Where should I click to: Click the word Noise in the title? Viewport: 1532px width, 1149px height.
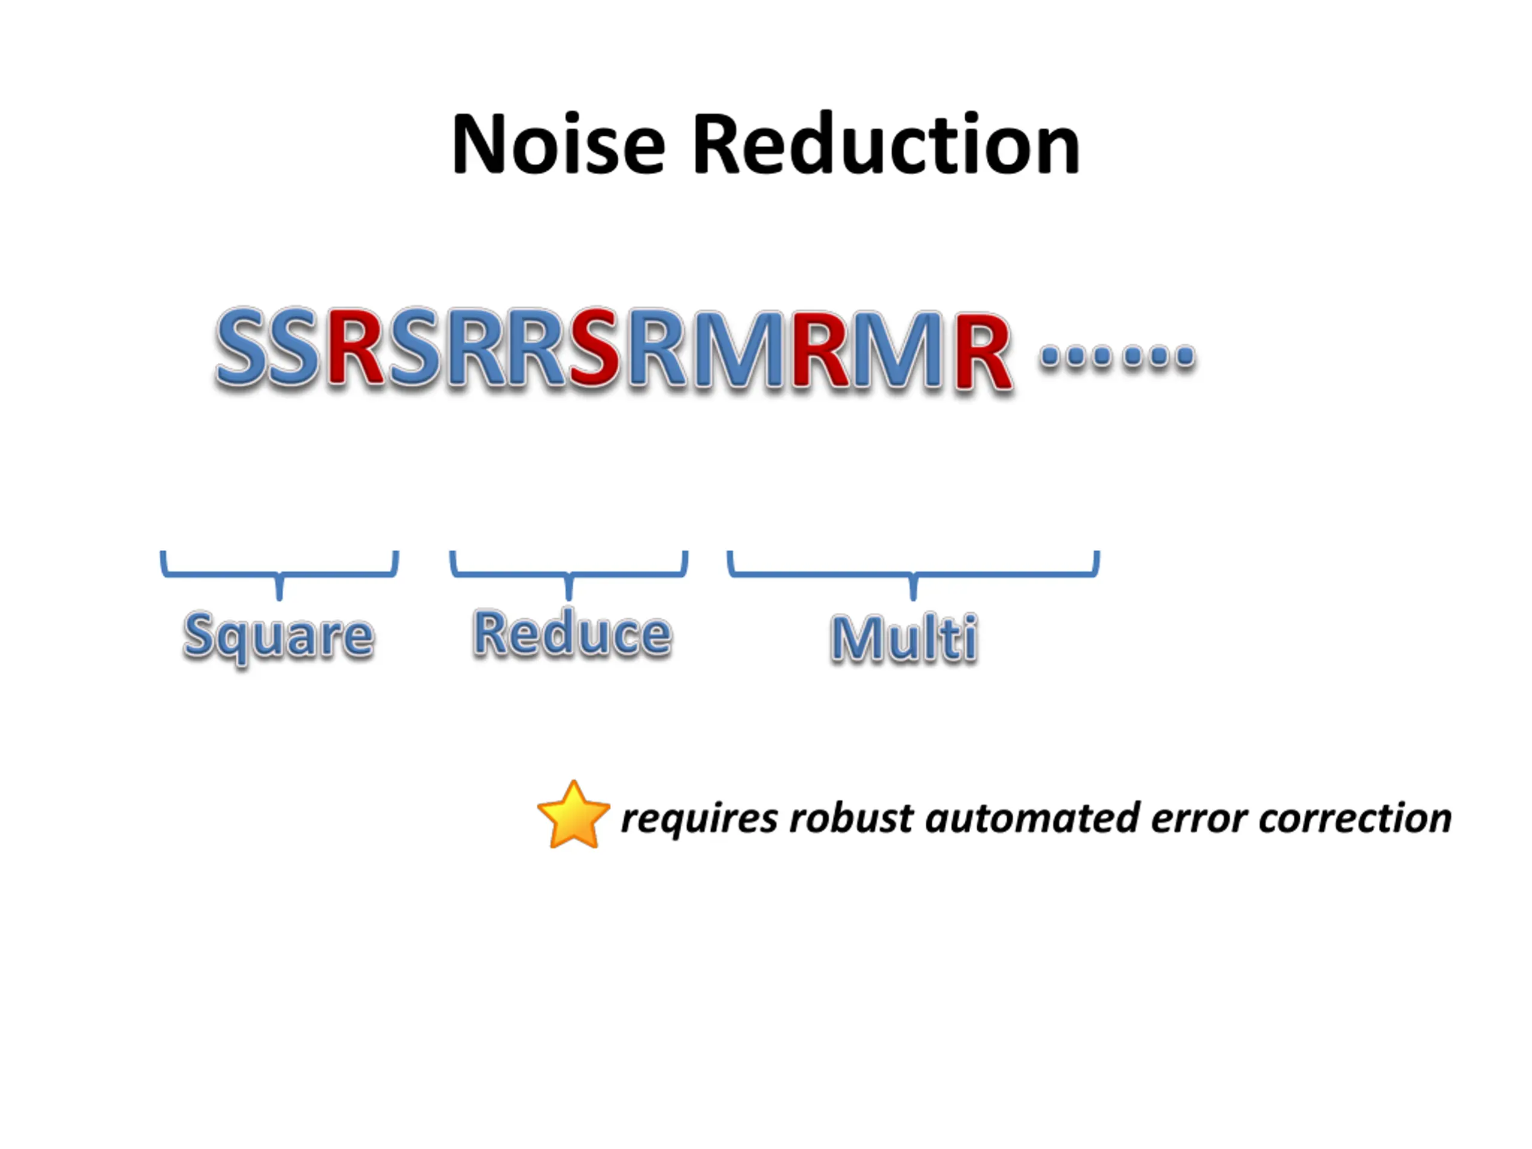click(558, 145)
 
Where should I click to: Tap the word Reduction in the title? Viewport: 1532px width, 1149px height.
click(886, 145)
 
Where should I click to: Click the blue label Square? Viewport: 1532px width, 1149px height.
click(278, 636)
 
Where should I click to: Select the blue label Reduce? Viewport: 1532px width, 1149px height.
click(572, 633)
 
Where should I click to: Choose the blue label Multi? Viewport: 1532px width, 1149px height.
click(904, 637)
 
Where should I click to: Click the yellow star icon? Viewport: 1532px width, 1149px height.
click(573, 816)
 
